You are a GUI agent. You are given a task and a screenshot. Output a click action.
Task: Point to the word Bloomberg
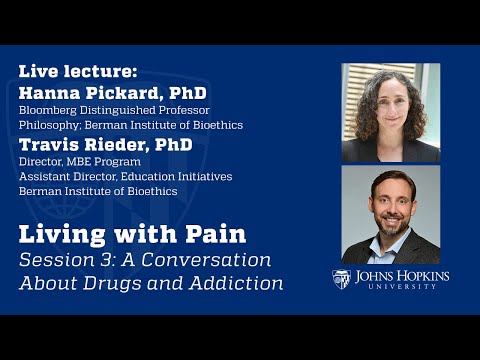48,110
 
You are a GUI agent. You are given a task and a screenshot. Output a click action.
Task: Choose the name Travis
49,144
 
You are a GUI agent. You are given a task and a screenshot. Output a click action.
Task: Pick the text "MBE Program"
102,162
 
